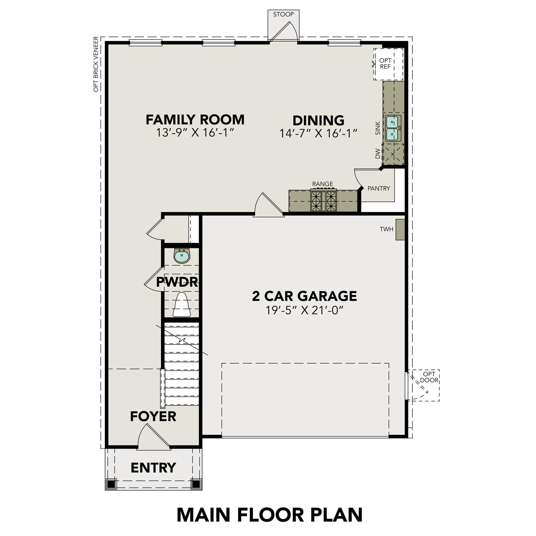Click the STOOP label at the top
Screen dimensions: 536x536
pos(283,15)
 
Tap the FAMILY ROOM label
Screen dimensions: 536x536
pos(195,120)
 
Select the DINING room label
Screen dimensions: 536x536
pos(318,120)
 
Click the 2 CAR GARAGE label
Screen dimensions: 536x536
pos(304,296)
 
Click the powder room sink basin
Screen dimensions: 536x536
pos(182,256)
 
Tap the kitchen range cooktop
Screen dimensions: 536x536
pos(323,201)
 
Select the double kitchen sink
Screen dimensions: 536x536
pos(393,128)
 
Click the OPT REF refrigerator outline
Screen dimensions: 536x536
pos(388,64)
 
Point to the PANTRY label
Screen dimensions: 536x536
pos(379,188)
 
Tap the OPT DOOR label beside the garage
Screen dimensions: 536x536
pos(429,377)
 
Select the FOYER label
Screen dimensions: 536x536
pos(153,416)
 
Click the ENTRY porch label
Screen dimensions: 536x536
pos(153,467)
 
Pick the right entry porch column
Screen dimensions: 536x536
pos(196,484)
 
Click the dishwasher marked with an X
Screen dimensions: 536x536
pos(393,154)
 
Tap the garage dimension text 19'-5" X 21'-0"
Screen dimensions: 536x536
pos(304,310)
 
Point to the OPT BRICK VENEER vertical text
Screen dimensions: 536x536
pos(96,64)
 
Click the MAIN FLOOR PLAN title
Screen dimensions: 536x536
pos(269,515)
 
